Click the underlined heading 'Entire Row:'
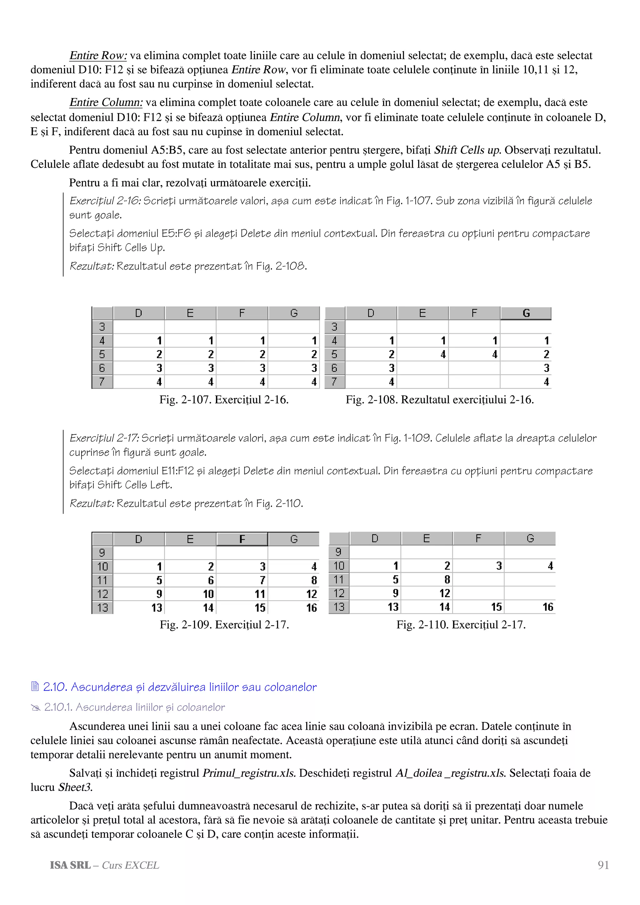coord(98,56)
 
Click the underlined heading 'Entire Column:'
coord(106,102)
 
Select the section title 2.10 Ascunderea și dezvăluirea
coord(179,687)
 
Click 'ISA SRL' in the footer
coord(70,865)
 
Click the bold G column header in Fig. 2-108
coord(526,313)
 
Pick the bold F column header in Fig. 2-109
coord(242,539)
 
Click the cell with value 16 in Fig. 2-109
coord(312,608)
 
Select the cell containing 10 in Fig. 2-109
coord(208,594)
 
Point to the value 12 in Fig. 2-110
coord(444,594)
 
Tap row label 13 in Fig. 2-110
coord(339,607)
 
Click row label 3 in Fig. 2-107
coord(102,327)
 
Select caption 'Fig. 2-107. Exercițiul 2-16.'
coord(224,400)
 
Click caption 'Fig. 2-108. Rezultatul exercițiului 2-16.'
coord(440,400)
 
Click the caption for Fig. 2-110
coord(461,625)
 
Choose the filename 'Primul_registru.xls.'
coord(249,773)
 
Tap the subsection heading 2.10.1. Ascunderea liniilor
coord(134,708)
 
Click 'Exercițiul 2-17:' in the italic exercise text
coord(104,438)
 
